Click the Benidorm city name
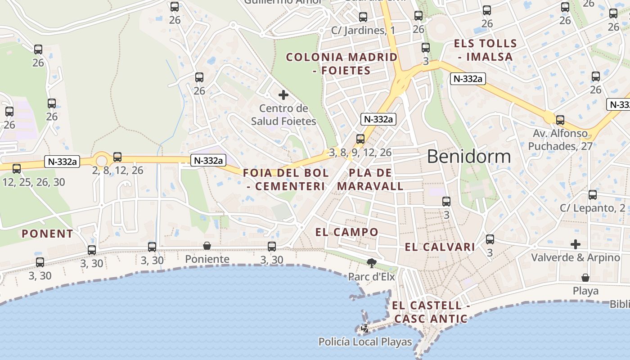[x=468, y=157]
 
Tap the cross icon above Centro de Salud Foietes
[x=283, y=95]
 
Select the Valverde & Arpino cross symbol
[x=576, y=244]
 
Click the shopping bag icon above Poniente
[x=207, y=246]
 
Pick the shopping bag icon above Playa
[x=585, y=278]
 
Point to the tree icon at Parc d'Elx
[x=372, y=262]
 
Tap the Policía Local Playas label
[x=365, y=342]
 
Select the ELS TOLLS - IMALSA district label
[x=486, y=50]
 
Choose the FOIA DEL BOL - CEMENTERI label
[x=286, y=180]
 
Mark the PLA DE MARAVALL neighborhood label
[x=370, y=180]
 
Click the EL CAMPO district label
[x=347, y=232]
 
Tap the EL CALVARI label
[x=440, y=247]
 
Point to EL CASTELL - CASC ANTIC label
[x=431, y=312]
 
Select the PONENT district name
[x=47, y=234]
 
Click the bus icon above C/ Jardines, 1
[x=363, y=17]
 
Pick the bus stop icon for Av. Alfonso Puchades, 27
[x=560, y=120]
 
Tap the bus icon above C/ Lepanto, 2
[x=593, y=195]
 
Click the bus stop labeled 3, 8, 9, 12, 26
[x=360, y=139]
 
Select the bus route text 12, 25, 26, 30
[x=34, y=182]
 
